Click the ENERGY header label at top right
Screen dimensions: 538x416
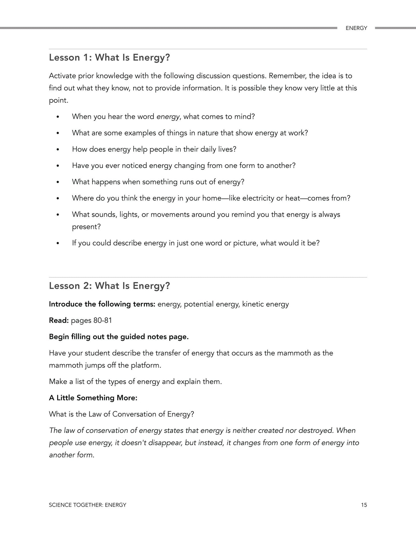click(x=356, y=28)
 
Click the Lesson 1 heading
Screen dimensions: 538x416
click(x=109, y=58)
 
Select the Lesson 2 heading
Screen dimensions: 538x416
click(x=109, y=286)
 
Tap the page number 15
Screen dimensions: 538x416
click(x=364, y=505)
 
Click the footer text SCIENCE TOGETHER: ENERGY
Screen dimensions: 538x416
click(x=88, y=505)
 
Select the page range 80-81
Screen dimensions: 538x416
click(x=102, y=321)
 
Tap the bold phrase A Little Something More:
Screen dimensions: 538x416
click(x=93, y=398)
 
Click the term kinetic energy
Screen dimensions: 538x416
click(x=265, y=305)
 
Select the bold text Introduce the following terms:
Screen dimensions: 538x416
click(x=102, y=304)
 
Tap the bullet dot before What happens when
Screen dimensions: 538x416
click(x=58, y=182)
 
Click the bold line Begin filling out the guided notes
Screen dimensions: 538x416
click(x=119, y=337)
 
